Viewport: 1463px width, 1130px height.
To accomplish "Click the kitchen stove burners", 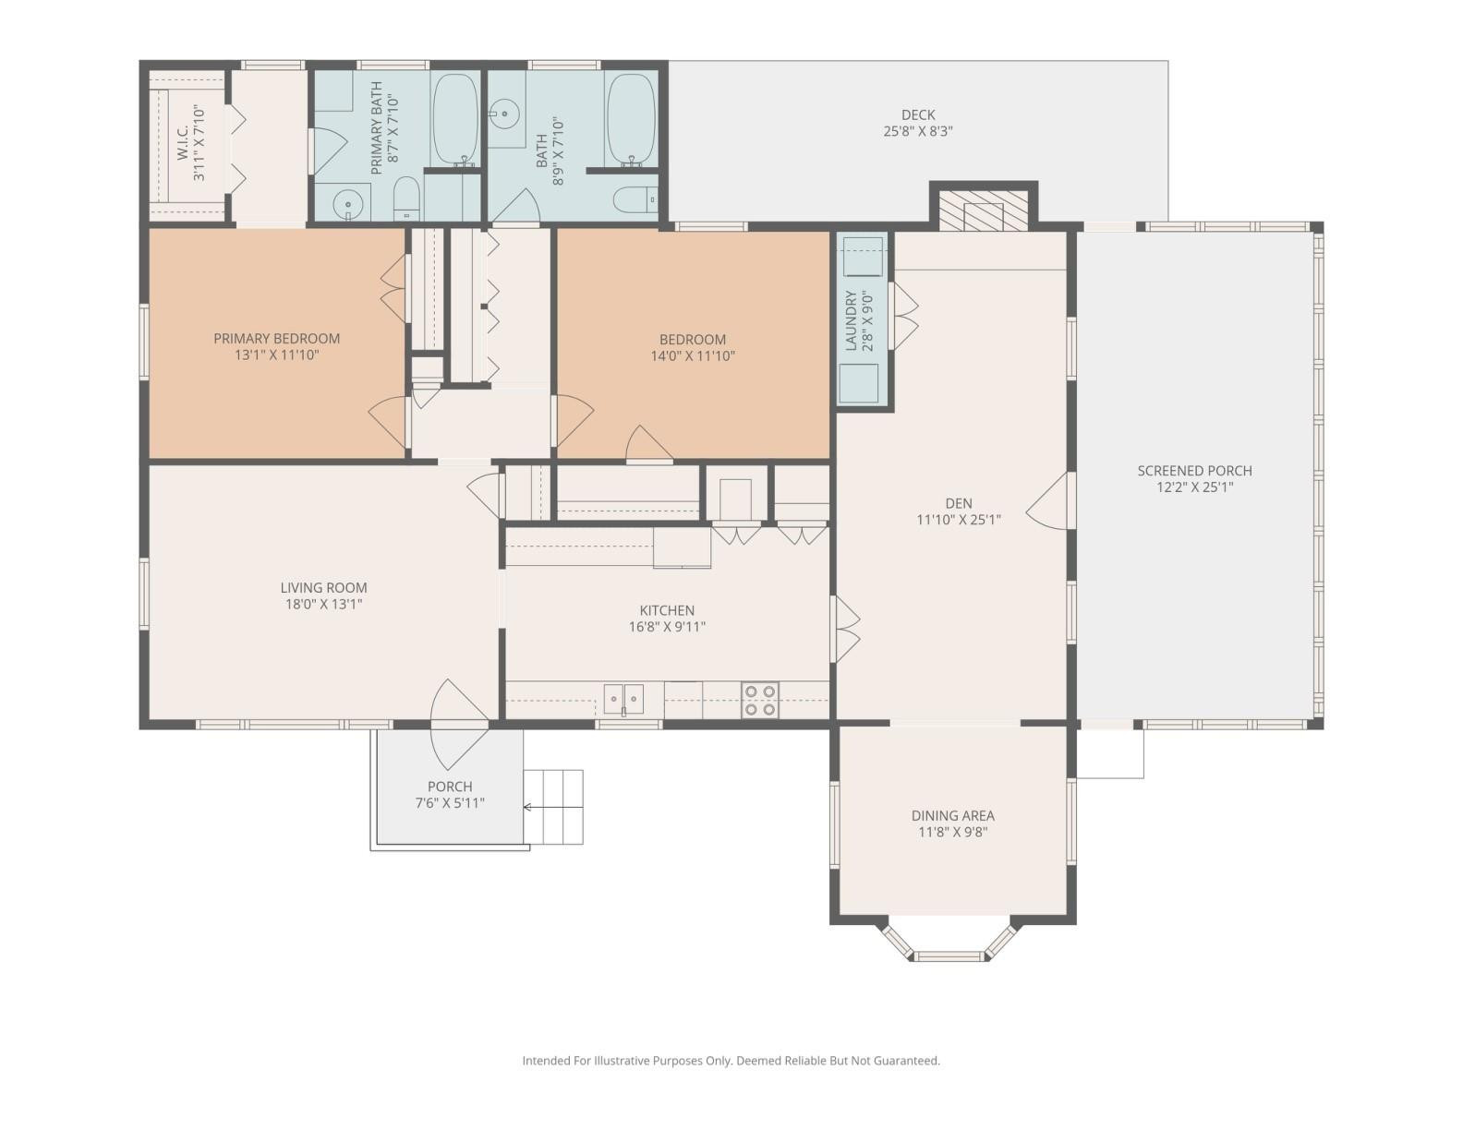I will [x=760, y=700].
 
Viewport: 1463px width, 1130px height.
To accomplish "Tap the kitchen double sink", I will [x=624, y=699].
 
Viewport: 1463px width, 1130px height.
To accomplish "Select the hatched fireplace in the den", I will [x=983, y=210].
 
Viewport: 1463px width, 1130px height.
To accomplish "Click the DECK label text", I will [x=918, y=114].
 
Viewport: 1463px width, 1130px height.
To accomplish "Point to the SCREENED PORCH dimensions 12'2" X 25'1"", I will [x=1194, y=487].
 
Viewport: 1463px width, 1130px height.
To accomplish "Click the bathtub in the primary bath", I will [x=455, y=118].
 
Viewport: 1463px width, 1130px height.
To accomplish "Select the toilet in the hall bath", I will [x=635, y=198].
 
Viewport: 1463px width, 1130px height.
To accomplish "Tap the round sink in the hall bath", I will [x=504, y=116].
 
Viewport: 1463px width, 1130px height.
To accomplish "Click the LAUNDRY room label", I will [x=852, y=320].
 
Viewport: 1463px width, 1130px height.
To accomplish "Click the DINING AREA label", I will [x=952, y=815].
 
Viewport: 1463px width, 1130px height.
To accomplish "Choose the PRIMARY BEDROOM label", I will [x=276, y=338].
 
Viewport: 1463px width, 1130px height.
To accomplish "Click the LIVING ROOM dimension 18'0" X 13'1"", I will [x=323, y=605].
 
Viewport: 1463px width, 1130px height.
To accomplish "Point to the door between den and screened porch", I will [x=1049, y=500].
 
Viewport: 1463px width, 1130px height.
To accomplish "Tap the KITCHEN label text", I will [x=667, y=610].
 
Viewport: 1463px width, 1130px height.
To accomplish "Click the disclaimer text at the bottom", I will [x=731, y=1061].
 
